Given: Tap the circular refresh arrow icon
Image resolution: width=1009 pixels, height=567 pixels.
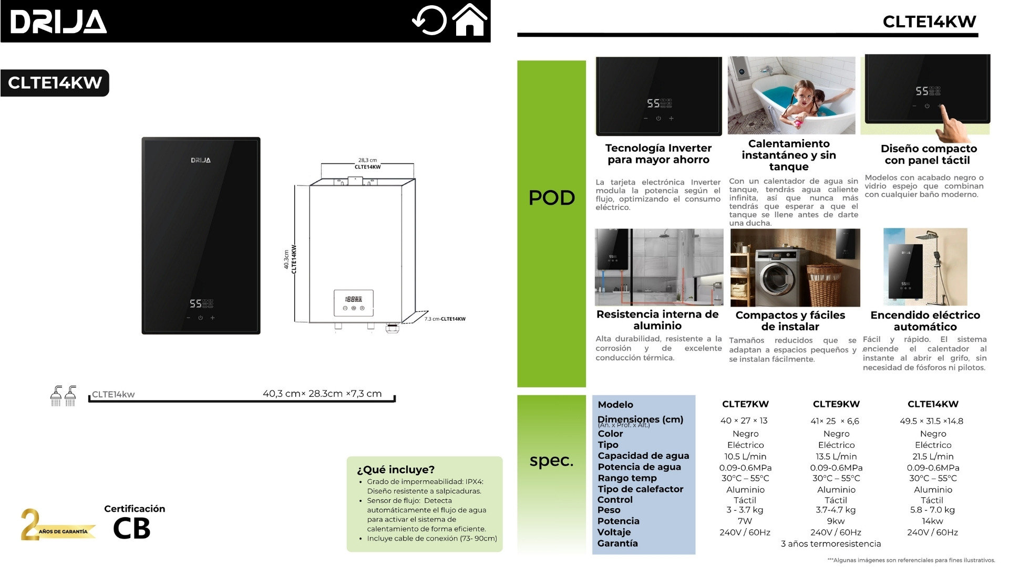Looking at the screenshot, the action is click(429, 21).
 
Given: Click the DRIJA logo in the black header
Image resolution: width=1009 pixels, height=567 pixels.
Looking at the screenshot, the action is click(58, 22).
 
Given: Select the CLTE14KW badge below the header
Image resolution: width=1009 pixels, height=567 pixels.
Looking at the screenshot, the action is click(55, 83).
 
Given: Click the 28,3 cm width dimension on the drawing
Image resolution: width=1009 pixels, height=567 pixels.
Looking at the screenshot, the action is click(367, 160).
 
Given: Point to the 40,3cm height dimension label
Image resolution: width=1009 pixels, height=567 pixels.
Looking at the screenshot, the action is click(286, 259).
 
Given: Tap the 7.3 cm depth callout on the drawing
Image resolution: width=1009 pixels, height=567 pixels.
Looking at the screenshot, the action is click(445, 319).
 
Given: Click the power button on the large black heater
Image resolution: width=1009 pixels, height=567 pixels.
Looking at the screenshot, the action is click(200, 318).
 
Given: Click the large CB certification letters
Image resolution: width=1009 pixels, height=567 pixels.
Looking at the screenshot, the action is click(131, 529).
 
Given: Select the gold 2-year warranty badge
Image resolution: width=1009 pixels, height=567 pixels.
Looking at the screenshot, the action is click(57, 524).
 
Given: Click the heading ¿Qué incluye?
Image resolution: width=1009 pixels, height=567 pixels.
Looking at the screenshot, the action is click(396, 469).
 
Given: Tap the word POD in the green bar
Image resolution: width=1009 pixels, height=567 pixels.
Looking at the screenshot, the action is click(551, 197).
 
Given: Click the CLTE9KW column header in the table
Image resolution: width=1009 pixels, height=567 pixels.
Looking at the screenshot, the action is click(836, 404).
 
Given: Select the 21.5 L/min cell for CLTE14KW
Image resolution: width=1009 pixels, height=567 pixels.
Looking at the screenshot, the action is click(933, 457).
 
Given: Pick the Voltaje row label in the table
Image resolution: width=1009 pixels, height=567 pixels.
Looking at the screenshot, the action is click(614, 532).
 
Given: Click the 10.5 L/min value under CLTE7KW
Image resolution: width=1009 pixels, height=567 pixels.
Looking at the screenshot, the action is click(745, 457).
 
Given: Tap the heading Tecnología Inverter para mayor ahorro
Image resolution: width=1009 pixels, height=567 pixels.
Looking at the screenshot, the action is click(658, 154).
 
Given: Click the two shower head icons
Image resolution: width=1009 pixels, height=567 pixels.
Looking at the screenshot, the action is click(63, 395).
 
